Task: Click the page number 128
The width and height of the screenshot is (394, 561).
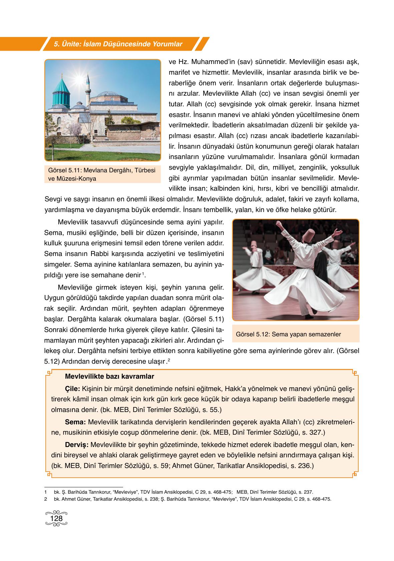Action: [56, 519]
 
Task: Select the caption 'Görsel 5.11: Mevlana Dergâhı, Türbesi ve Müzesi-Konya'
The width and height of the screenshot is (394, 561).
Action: [102, 174]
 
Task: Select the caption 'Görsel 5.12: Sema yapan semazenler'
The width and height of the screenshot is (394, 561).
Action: [288, 334]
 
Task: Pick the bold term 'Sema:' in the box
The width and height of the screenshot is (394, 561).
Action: [75, 422]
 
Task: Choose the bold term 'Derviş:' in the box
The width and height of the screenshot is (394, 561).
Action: [77, 445]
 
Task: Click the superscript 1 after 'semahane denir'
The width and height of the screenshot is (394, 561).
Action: [143, 274]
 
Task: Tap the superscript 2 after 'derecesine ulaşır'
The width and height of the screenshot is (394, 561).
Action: [169, 360]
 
